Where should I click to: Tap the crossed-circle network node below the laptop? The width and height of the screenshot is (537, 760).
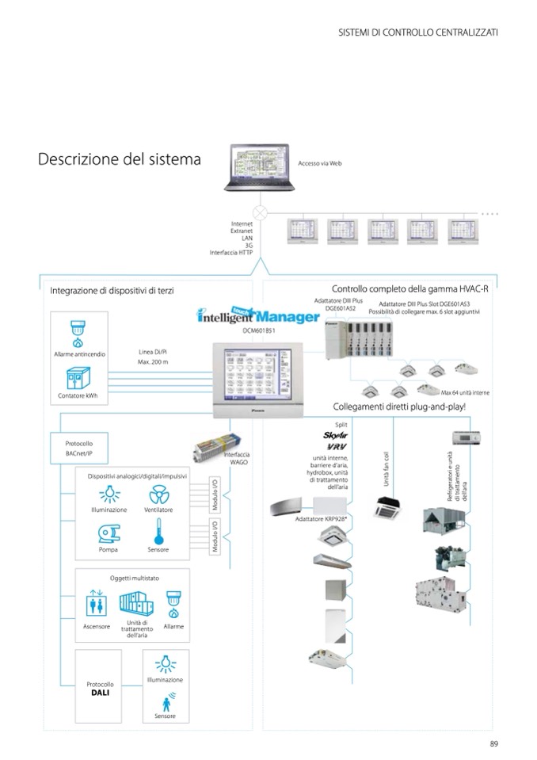point(259,213)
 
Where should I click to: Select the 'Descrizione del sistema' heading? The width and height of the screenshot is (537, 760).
point(120,159)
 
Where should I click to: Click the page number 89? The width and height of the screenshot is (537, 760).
point(493,743)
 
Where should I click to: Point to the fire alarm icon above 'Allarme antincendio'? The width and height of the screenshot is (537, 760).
point(77,332)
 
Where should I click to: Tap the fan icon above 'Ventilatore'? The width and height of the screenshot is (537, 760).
point(158,495)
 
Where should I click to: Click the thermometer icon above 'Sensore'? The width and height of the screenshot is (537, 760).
point(158,532)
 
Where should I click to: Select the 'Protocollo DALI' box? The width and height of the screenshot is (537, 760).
point(100,689)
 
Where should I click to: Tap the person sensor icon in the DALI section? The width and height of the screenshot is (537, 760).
point(166,702)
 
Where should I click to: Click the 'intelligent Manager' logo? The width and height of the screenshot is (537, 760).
point(258,315)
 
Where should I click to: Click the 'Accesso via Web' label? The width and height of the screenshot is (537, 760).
point(320,163)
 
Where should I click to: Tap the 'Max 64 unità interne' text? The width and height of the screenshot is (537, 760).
point(465,392)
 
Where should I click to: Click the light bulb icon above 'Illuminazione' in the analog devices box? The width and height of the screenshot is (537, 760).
point(109,495)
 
